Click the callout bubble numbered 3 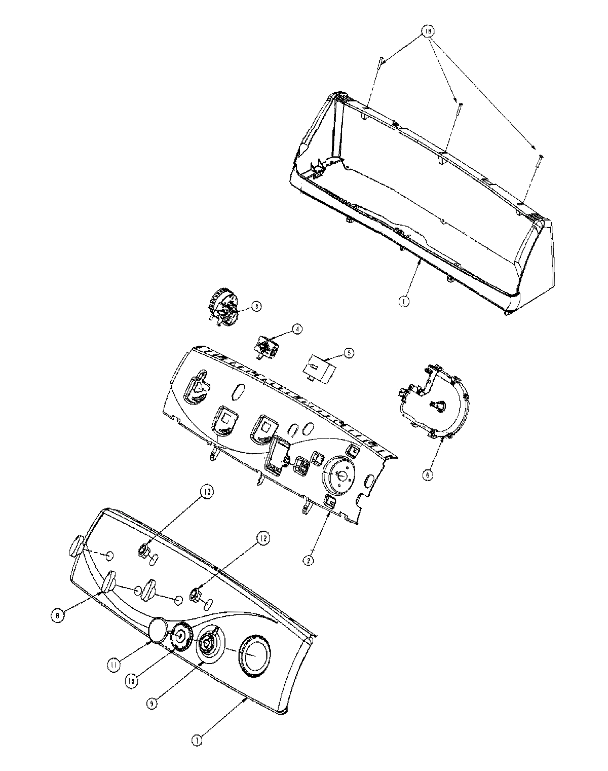[x=256, y=306]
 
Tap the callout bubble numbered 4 [x=296, y=329]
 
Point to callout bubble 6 [x=428, y=475]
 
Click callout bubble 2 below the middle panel [x=307, y=560]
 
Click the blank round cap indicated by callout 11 [x=158, y=629]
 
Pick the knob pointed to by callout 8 [x=109, y=581]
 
